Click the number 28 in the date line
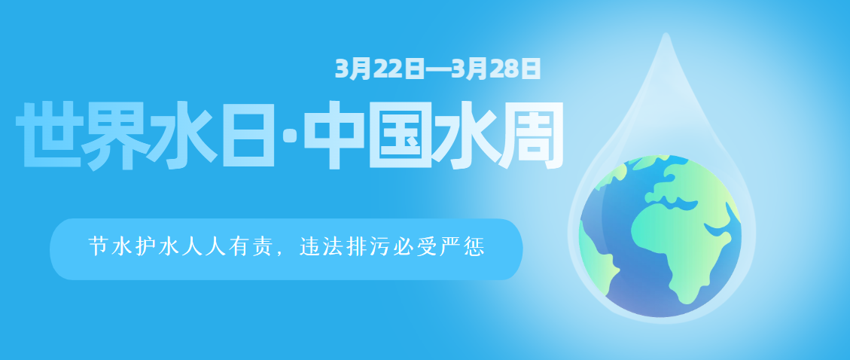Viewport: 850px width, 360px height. tap(506, 69)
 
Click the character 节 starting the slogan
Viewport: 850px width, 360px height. tap(98, 248)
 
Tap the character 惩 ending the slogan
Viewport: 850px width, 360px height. tap(474, 248)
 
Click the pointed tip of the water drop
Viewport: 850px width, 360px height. tap(665, 35)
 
